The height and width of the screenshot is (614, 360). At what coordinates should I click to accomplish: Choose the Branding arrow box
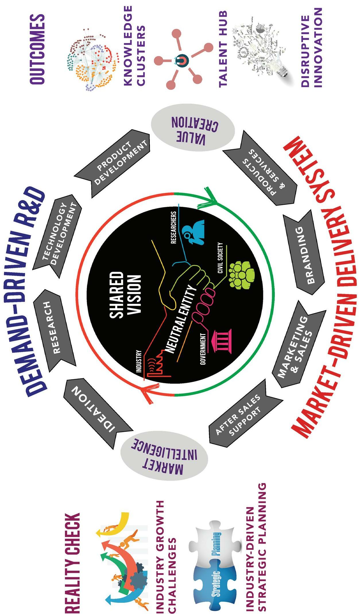click(303, 254)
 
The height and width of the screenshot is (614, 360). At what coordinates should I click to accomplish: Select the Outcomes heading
click(37, 49)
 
